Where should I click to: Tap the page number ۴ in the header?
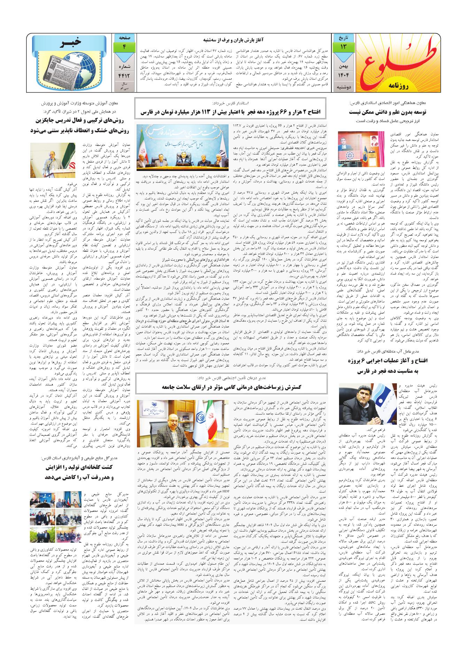coord(124,46)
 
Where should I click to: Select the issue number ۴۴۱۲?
coord(124,74)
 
